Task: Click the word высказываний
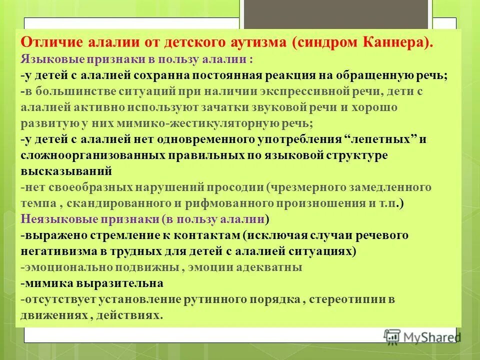tap(66, 171)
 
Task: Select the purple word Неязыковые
tap(59, 219)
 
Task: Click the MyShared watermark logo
tap(421, 336)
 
